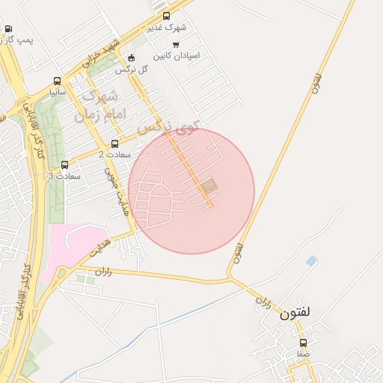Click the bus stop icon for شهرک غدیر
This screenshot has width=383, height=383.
point(166,16)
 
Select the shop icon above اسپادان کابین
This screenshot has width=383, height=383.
point(176,45)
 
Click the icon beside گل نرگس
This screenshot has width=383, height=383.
point(132,58)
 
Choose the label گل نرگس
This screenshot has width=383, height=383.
point(131,70)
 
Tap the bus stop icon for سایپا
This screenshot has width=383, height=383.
point(58,82)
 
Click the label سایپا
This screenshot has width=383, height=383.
point(58,93)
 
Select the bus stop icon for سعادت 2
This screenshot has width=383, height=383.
point(114,144)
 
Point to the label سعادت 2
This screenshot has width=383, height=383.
point(114,154)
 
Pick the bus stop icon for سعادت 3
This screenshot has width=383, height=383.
point(64,165)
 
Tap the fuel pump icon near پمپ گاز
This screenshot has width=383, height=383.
point(8,29)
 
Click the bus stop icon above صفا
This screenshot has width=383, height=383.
point(303,343)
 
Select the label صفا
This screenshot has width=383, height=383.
point(303,353)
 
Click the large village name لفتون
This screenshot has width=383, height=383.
point(295,313)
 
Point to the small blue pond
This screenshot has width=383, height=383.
point(311,260)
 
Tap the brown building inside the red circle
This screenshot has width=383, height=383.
point(208,185)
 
